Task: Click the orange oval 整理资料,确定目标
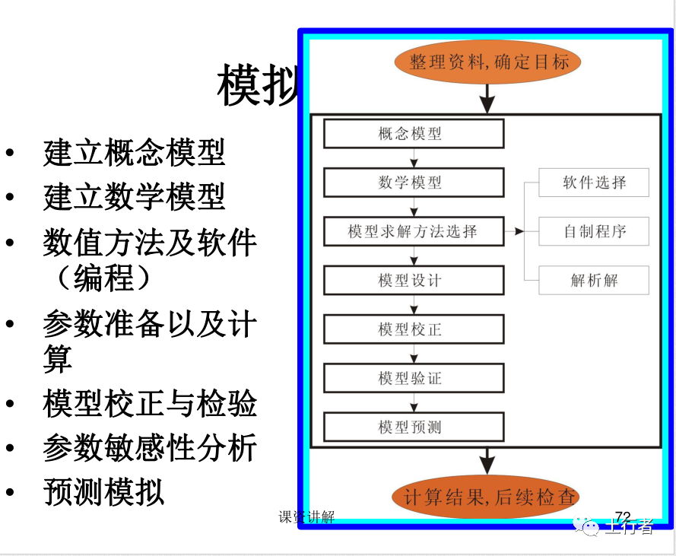click(487, 62)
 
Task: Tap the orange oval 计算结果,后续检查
click(487, 498)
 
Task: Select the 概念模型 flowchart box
click(414, 134)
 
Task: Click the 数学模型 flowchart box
click(414, 183)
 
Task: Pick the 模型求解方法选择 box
click(414, 231)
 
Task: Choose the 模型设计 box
click(414, 280)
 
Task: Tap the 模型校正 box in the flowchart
click(414, 329)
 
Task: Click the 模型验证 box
click(414, 378)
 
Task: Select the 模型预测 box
click(414, 427)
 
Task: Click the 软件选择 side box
click(594, 183)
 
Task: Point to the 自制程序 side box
click(594, 231)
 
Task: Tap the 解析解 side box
click(594, 280)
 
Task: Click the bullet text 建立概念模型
click(134, 152)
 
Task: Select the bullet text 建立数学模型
click(134, 197)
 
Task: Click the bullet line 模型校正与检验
click(150, 404)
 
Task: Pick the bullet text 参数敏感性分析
click(150, 448)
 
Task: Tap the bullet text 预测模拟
click(103, 491)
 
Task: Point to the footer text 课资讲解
click(306, 517)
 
